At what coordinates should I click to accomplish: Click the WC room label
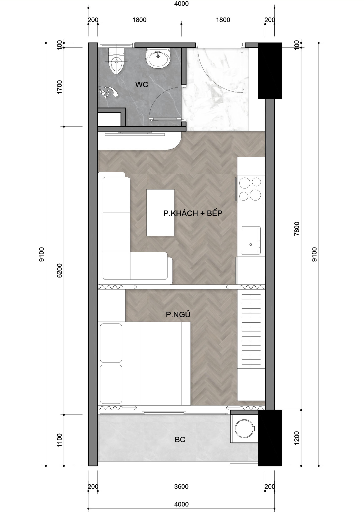tap(142, 84)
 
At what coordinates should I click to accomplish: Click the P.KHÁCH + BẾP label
tap(193, 213)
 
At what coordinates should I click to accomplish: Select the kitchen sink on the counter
tap(251, 240)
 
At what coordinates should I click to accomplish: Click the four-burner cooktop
tap(250, 189)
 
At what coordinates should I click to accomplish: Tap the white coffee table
tap(160, 212)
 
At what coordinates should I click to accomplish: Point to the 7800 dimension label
tap(297, 228)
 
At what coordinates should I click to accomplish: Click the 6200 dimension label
tap(59, 270)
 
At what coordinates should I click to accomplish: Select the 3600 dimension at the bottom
tap(181, 486)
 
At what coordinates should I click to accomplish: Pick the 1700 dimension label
tap(59, 87)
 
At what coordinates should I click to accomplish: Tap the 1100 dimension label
tap(59, 440)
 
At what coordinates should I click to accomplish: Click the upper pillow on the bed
tap(111, 343)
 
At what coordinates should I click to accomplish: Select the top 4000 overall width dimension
tap(181, 4)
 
